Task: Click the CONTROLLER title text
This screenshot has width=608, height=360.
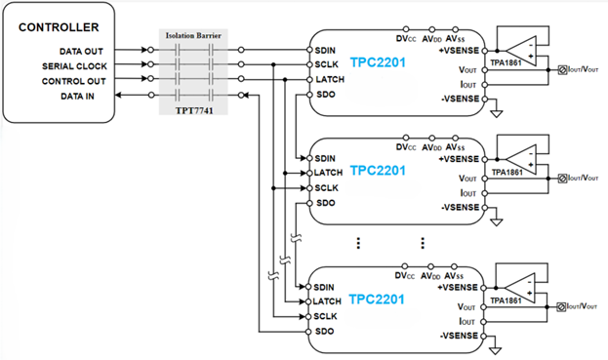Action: [59, 27]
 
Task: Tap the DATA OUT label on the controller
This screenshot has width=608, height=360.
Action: [81, 51]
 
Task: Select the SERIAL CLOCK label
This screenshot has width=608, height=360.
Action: [74, 66]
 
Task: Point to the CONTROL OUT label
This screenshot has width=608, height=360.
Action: [73, 81]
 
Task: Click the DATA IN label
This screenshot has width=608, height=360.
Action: [77, 97]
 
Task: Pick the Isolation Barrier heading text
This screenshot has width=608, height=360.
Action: [193, 36]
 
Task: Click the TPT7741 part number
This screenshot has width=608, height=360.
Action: [194, 110]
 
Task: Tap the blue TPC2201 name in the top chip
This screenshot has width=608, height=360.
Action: [378, 62]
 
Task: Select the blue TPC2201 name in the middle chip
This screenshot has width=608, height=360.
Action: [378, 171]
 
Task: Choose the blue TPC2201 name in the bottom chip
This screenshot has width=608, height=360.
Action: [377, 300]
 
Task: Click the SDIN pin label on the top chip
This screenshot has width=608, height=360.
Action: [325, 51]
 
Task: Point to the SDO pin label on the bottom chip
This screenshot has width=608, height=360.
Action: [324, 332]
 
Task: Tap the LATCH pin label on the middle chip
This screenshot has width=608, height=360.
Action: [328, 173]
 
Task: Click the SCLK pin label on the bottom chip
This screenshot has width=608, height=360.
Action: [325, 316]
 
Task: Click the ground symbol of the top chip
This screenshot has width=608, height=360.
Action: [497, 113]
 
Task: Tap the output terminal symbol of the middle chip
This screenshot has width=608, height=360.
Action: [562, 179]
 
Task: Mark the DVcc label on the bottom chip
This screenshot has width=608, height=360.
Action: [404, 276]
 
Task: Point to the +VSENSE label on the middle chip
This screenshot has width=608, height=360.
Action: [459, 159]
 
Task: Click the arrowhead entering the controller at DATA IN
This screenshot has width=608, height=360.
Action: [119, 95]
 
